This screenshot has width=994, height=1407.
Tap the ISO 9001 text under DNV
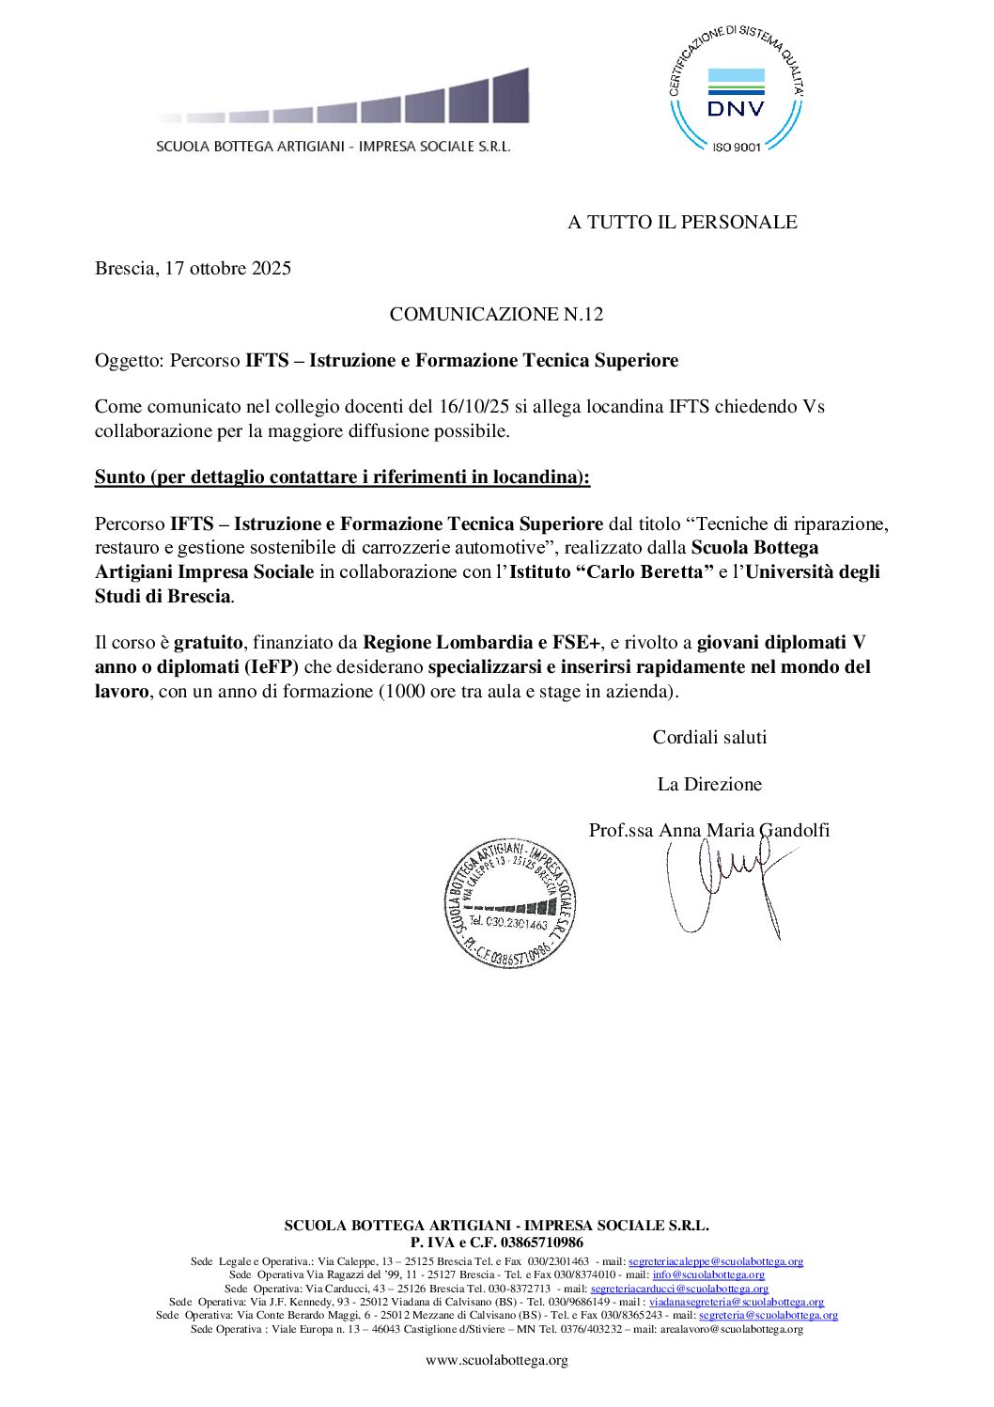click(x=736, y=147)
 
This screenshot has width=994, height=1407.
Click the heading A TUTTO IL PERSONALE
click(x=682, y=222)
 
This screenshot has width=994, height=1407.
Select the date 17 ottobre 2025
click(x=228, y=268)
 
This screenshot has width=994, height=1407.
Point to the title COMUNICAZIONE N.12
click(x=496, y=314)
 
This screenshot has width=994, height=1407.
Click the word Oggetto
click(x=127, y=361)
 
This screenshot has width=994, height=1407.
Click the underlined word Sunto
click(x=119, y=477)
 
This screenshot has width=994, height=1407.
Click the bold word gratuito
click(x=208, y=643)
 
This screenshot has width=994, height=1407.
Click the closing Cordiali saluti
click(x=709, y=737)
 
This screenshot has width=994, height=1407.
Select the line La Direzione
click(x=709, y=784)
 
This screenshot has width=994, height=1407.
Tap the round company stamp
click(x=510, y=902)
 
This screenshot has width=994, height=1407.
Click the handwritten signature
click(x=723, y=883)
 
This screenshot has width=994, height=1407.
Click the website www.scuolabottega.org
click(x=496, y=1360)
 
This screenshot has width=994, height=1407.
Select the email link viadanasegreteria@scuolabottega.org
click(x=737, y=1302)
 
